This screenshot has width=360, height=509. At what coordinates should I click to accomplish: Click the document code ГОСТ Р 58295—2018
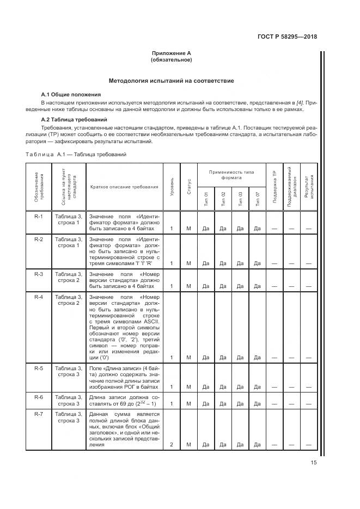point(287,37)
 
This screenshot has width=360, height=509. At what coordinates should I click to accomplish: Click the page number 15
point(313,463)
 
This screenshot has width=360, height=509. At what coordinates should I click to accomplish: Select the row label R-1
point(39,216)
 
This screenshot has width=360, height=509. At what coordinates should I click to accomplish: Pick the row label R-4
point(39,297)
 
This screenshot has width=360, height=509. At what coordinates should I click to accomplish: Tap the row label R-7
point(39,415)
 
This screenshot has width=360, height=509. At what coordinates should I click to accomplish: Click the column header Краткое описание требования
point(124,187)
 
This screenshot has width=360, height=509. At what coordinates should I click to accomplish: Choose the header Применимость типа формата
point(231,175)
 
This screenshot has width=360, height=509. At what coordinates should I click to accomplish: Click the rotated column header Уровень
point(172,187)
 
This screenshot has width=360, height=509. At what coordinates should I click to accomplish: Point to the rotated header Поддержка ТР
point(274,187)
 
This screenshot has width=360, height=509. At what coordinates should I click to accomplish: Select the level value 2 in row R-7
point(172,445)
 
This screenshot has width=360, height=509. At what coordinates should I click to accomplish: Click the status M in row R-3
point(188,286)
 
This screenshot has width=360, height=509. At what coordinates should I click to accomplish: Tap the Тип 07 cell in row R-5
point(257,387)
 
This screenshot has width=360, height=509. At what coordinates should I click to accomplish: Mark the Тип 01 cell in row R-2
point(206,263)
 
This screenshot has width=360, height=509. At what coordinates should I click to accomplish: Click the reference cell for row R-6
point(68,401)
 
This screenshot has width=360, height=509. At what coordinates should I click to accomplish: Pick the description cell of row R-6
point(124,401)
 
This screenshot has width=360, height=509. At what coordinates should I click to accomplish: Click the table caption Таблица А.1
point(76,155)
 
